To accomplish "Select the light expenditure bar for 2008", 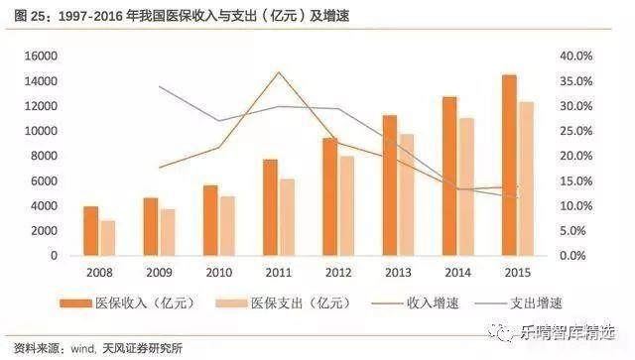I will tap(108, 238).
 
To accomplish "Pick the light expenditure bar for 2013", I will tap(406, 194).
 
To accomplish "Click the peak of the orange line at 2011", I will tap(280, 72).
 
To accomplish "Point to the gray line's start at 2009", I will tap(160, 87).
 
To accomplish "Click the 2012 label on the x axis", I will tap(337, 273).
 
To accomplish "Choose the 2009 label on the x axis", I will tap(159, 273).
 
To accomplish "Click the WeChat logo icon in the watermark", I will tap(493, 333).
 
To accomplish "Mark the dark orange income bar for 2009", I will tap(151, 226).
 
